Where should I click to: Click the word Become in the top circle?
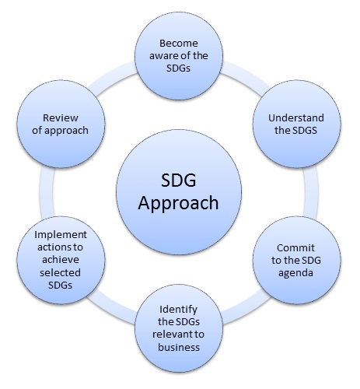pos(179,44)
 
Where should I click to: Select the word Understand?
pos(296,118)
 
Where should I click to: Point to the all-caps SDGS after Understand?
pos(306,130)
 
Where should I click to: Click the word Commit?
pos(295,248)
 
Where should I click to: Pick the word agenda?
pos(295,273)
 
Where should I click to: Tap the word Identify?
pos(178,310)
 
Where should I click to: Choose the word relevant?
pos(171,335)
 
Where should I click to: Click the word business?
pos(179,347)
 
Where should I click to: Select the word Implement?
pos(61,235)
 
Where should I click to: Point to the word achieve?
pos(61,260)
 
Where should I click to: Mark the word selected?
pos(60,272)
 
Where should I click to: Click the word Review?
pos(61,118)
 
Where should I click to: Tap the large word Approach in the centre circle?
pos(178,204)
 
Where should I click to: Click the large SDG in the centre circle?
pos(179,180)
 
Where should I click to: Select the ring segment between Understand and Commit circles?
pos(310,192)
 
